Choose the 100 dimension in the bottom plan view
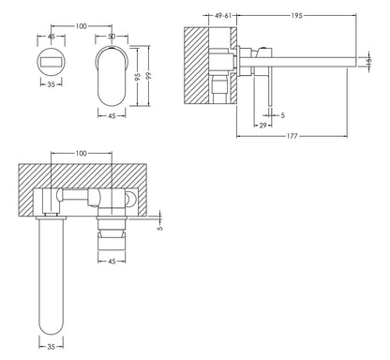(82, 152)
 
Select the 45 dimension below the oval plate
(111, 116)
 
